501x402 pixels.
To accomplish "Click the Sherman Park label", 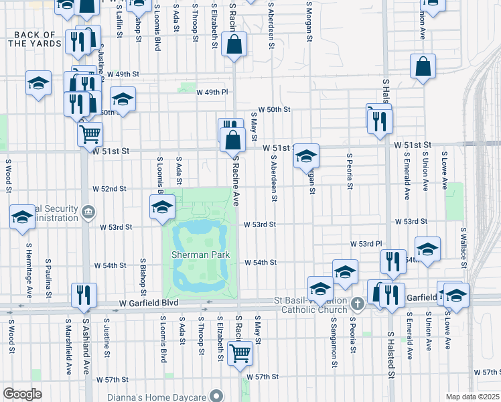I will click(200, 255).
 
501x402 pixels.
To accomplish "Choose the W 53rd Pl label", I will click(366, 244).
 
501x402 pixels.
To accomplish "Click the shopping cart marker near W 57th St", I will click(239, 352).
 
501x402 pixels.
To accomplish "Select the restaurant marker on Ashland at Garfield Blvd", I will click(84, 294).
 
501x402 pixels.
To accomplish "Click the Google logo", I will click(21, 394).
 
